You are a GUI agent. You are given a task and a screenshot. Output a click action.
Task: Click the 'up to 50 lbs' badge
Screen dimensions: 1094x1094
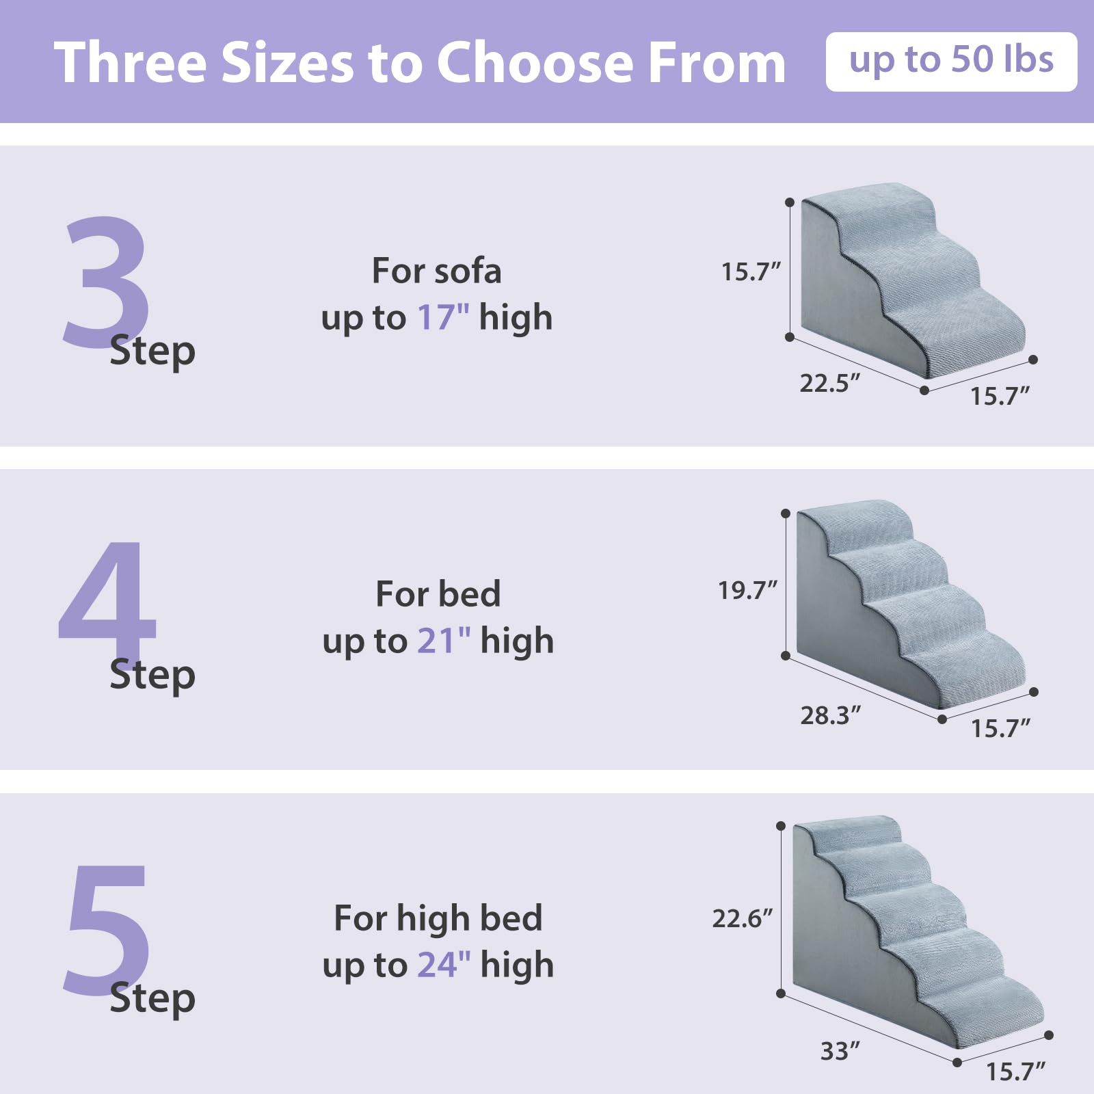tap(951, 61)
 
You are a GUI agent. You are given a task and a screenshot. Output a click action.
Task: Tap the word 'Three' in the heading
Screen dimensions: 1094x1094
tap(130, 63)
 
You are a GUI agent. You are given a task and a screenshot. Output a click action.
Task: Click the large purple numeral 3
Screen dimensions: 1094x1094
tap(106, 280)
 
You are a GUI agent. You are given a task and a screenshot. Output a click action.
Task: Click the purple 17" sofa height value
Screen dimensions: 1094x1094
tap(443, 318)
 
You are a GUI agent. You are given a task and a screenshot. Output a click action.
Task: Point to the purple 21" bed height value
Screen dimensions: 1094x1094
tap(444, 641)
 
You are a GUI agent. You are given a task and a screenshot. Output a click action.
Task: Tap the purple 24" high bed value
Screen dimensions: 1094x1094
tap(444, 965)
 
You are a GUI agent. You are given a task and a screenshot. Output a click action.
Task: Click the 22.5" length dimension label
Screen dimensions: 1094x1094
tap(829, 384)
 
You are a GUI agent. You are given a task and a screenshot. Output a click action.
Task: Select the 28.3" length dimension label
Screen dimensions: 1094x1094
tap(830, 716)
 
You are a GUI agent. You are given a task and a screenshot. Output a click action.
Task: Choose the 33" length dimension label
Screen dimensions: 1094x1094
tap(840, 1051)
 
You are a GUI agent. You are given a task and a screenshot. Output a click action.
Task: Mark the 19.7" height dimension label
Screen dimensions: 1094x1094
tap(747, 590)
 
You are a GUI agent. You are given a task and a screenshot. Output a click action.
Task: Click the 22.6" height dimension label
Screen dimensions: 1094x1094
tap(742, 918)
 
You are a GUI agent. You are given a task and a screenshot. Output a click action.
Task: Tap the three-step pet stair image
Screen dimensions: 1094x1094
tap(909, 280)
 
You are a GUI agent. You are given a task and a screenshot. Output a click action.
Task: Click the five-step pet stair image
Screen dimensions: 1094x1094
tap(913, 930)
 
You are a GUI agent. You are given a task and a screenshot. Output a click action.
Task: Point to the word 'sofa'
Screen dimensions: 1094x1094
tap(467, 271)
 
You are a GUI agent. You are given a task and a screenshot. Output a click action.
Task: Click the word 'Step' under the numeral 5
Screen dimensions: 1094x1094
tap(152, 998)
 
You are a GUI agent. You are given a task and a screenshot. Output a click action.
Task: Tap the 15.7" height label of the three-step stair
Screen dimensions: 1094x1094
tap(751, 272)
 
